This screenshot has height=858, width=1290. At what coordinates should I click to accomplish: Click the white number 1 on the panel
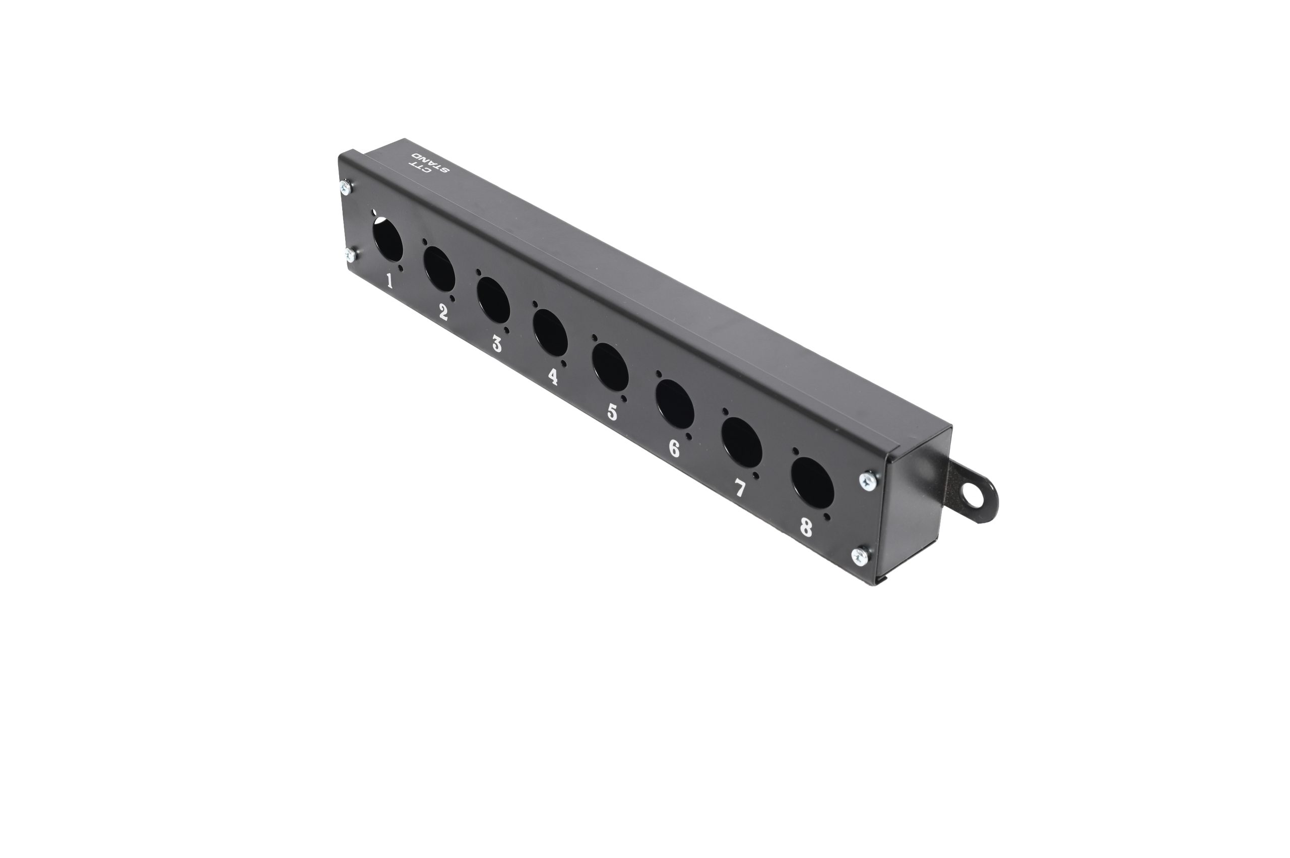390,281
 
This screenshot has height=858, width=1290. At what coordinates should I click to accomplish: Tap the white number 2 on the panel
443,312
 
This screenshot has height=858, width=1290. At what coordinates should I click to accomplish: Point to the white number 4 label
553,376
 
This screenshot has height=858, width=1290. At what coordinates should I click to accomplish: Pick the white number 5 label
612,412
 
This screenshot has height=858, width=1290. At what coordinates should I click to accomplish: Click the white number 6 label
674,449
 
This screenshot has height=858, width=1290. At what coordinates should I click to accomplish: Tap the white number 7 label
739,488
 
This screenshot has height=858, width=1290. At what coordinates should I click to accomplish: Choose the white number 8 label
806,527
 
